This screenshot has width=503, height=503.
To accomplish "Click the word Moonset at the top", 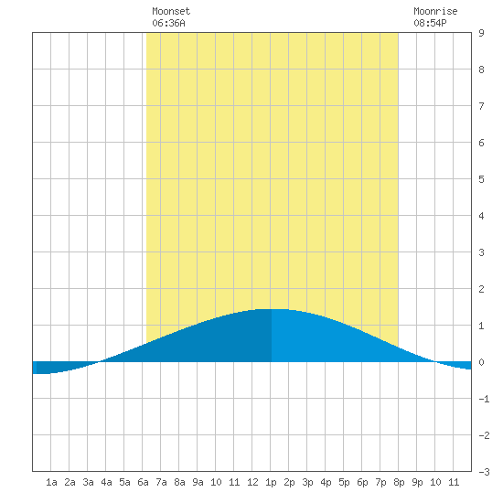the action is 171,11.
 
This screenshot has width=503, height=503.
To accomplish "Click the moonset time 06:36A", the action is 168,23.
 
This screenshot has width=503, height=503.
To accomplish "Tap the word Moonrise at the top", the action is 435,11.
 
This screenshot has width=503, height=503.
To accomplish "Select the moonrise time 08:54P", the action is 430,23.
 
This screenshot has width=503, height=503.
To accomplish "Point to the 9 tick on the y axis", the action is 481,33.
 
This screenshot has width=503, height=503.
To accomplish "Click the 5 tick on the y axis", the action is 481,179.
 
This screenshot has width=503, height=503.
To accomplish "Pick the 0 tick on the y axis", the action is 481,362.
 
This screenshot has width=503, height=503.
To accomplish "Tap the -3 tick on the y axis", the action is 484,472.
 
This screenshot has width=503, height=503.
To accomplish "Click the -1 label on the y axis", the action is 484,399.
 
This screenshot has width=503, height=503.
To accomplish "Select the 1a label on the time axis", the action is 51,482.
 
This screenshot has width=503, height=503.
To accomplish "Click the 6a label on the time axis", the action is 143,482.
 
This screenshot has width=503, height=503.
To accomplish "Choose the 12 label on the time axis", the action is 252,482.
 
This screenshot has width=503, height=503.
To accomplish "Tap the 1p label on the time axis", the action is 271,482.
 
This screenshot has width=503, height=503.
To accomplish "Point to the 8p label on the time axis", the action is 399,482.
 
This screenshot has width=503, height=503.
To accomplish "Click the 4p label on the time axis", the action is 326,482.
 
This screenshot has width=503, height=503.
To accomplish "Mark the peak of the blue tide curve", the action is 272,309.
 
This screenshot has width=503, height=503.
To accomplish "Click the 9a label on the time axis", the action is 198,482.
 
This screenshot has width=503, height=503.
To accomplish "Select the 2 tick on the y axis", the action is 481,289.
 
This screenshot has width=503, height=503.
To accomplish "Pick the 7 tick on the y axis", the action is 481,106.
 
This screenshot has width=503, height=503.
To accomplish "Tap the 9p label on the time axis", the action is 417,482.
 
